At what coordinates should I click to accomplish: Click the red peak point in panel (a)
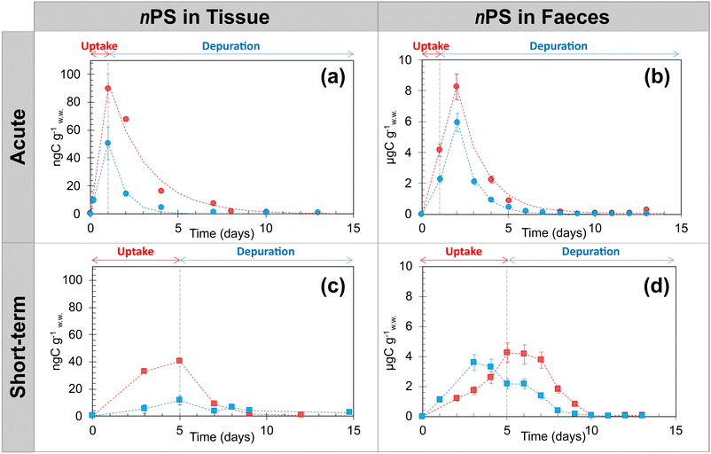(108, 88)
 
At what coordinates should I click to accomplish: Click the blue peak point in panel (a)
(108, 143)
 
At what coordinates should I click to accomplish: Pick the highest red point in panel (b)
(457, 87)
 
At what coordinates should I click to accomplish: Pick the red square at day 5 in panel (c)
(180, 360)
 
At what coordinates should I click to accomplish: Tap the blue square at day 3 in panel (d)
(473, 362)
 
